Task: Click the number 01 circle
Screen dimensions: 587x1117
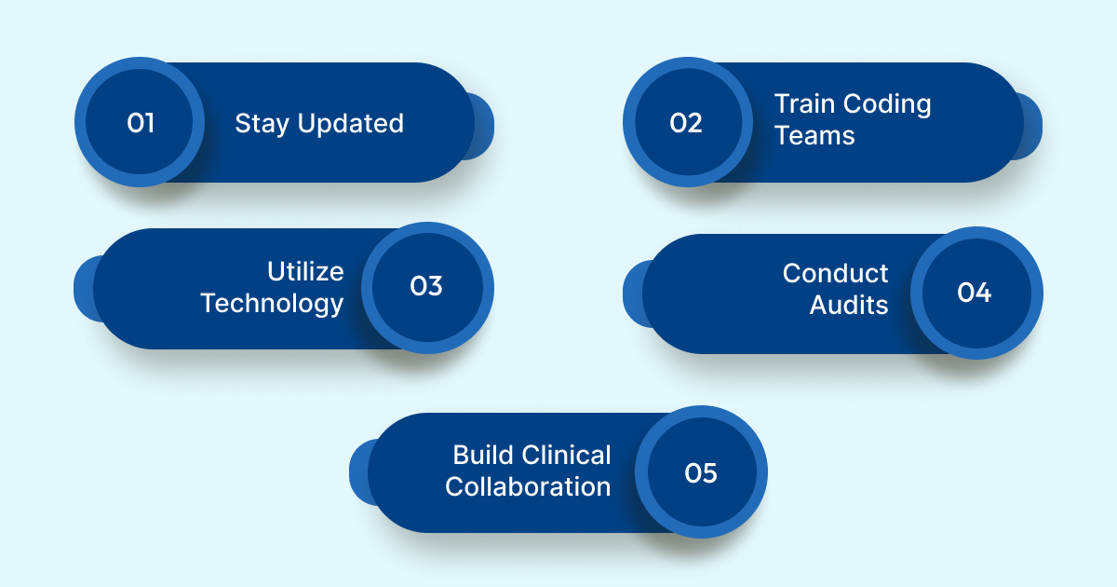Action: point(140,122)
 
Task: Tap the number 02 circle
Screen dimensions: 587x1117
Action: point(687,122)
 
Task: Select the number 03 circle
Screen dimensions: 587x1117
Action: point(426,287)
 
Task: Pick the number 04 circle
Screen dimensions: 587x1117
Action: point(975,293)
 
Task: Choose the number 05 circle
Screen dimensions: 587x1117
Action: point(701,472)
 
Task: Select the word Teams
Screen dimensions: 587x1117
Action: point(814,135)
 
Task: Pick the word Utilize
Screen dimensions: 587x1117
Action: point(305,271)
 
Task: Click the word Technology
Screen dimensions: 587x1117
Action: point(272,304)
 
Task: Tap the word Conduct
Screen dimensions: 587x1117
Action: point(835,273)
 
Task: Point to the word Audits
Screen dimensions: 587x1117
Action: point(848,305)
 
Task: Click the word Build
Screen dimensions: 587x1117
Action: point(483,455)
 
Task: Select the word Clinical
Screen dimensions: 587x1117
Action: point(566,455)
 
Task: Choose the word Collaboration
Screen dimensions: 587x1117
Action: point(528,486)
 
